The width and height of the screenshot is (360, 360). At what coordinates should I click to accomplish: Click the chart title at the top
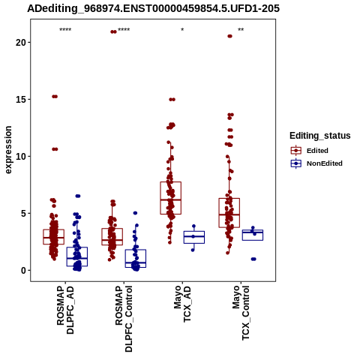pyautogui.click(x=153, y=8)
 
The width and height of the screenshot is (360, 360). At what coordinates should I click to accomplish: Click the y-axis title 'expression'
pyautogui.click(x=8, y=150)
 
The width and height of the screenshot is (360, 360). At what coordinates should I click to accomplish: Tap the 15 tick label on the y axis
pyautogui.click(x=21, y=100)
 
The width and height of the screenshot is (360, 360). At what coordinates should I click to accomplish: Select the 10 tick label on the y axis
pyautogui.click(x=21, y=157)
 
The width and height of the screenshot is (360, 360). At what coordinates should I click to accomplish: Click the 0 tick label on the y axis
pyautogui.click(x=24, y=271)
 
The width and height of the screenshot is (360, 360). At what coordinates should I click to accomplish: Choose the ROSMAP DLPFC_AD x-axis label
pyautogui.click(x=65, y=310)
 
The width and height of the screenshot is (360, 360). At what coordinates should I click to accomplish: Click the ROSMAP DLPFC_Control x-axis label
pyautogui.click(x=124, y=319)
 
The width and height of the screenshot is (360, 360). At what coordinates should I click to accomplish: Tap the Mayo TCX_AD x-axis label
pyautogui.click(x=182, y=304)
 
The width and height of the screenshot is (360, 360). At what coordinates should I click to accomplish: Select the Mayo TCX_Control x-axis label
pyautogui.click(x=241, y=313)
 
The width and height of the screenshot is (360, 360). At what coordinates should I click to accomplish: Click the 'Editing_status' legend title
pyautogui.click(x=320, y=136)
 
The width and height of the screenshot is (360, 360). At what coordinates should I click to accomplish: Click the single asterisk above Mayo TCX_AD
pyautogui.click(x=182, y=30)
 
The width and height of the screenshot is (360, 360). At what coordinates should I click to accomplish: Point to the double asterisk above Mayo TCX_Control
pyautogui.click(x=241, y=30)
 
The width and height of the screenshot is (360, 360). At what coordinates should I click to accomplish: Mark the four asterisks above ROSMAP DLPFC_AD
pyautogui.click(x=65, y=30)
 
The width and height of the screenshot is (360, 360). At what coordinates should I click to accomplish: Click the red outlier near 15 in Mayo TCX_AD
pyautogui.click(x=172, y=100)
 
